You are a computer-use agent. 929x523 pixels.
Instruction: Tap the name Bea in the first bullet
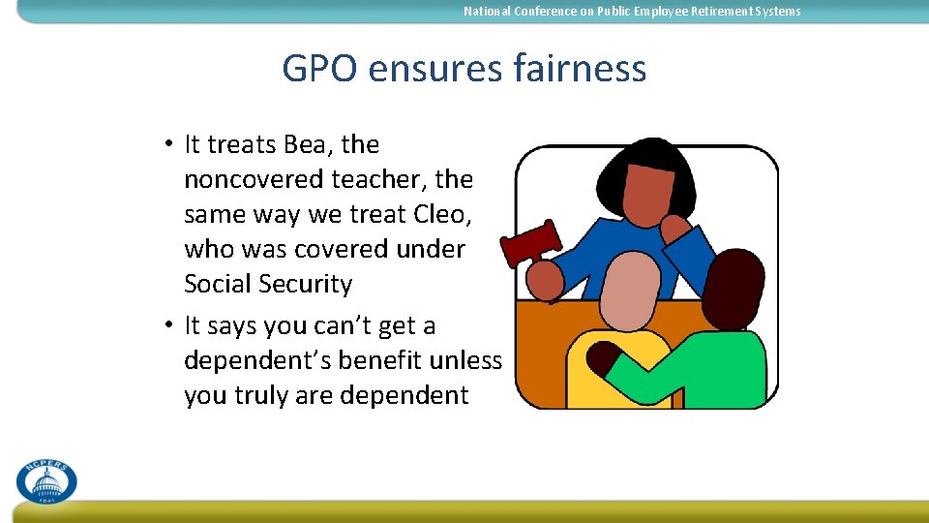click(307, 144)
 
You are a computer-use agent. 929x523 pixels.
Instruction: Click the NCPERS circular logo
click(45, 481)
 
